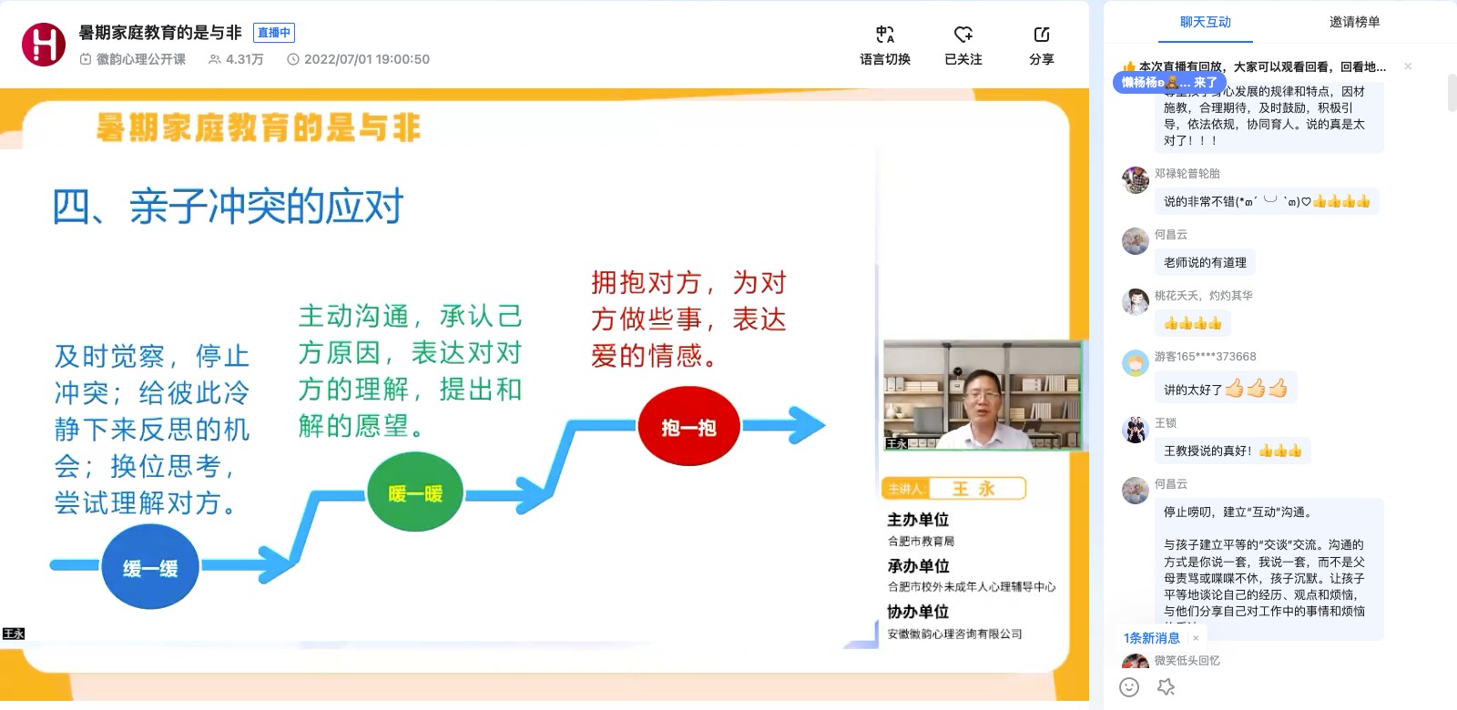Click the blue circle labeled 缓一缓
point(150,567)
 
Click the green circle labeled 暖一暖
point(415,493)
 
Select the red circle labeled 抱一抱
point(688,427)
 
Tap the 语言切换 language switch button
point(884,46)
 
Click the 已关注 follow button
point(963,46)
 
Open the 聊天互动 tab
point(1205,22)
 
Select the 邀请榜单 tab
point(1354,22)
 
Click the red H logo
point(44,45)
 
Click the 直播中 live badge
point(273,33)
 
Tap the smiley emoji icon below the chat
point(1129,687)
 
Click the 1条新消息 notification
point(1152,637)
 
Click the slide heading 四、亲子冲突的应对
point(228,207)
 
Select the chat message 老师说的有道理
point(1205,262)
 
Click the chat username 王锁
point(1166,422)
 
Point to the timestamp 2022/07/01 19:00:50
point(366,59)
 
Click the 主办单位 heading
point(918,519)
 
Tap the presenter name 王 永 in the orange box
point(973,489)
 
